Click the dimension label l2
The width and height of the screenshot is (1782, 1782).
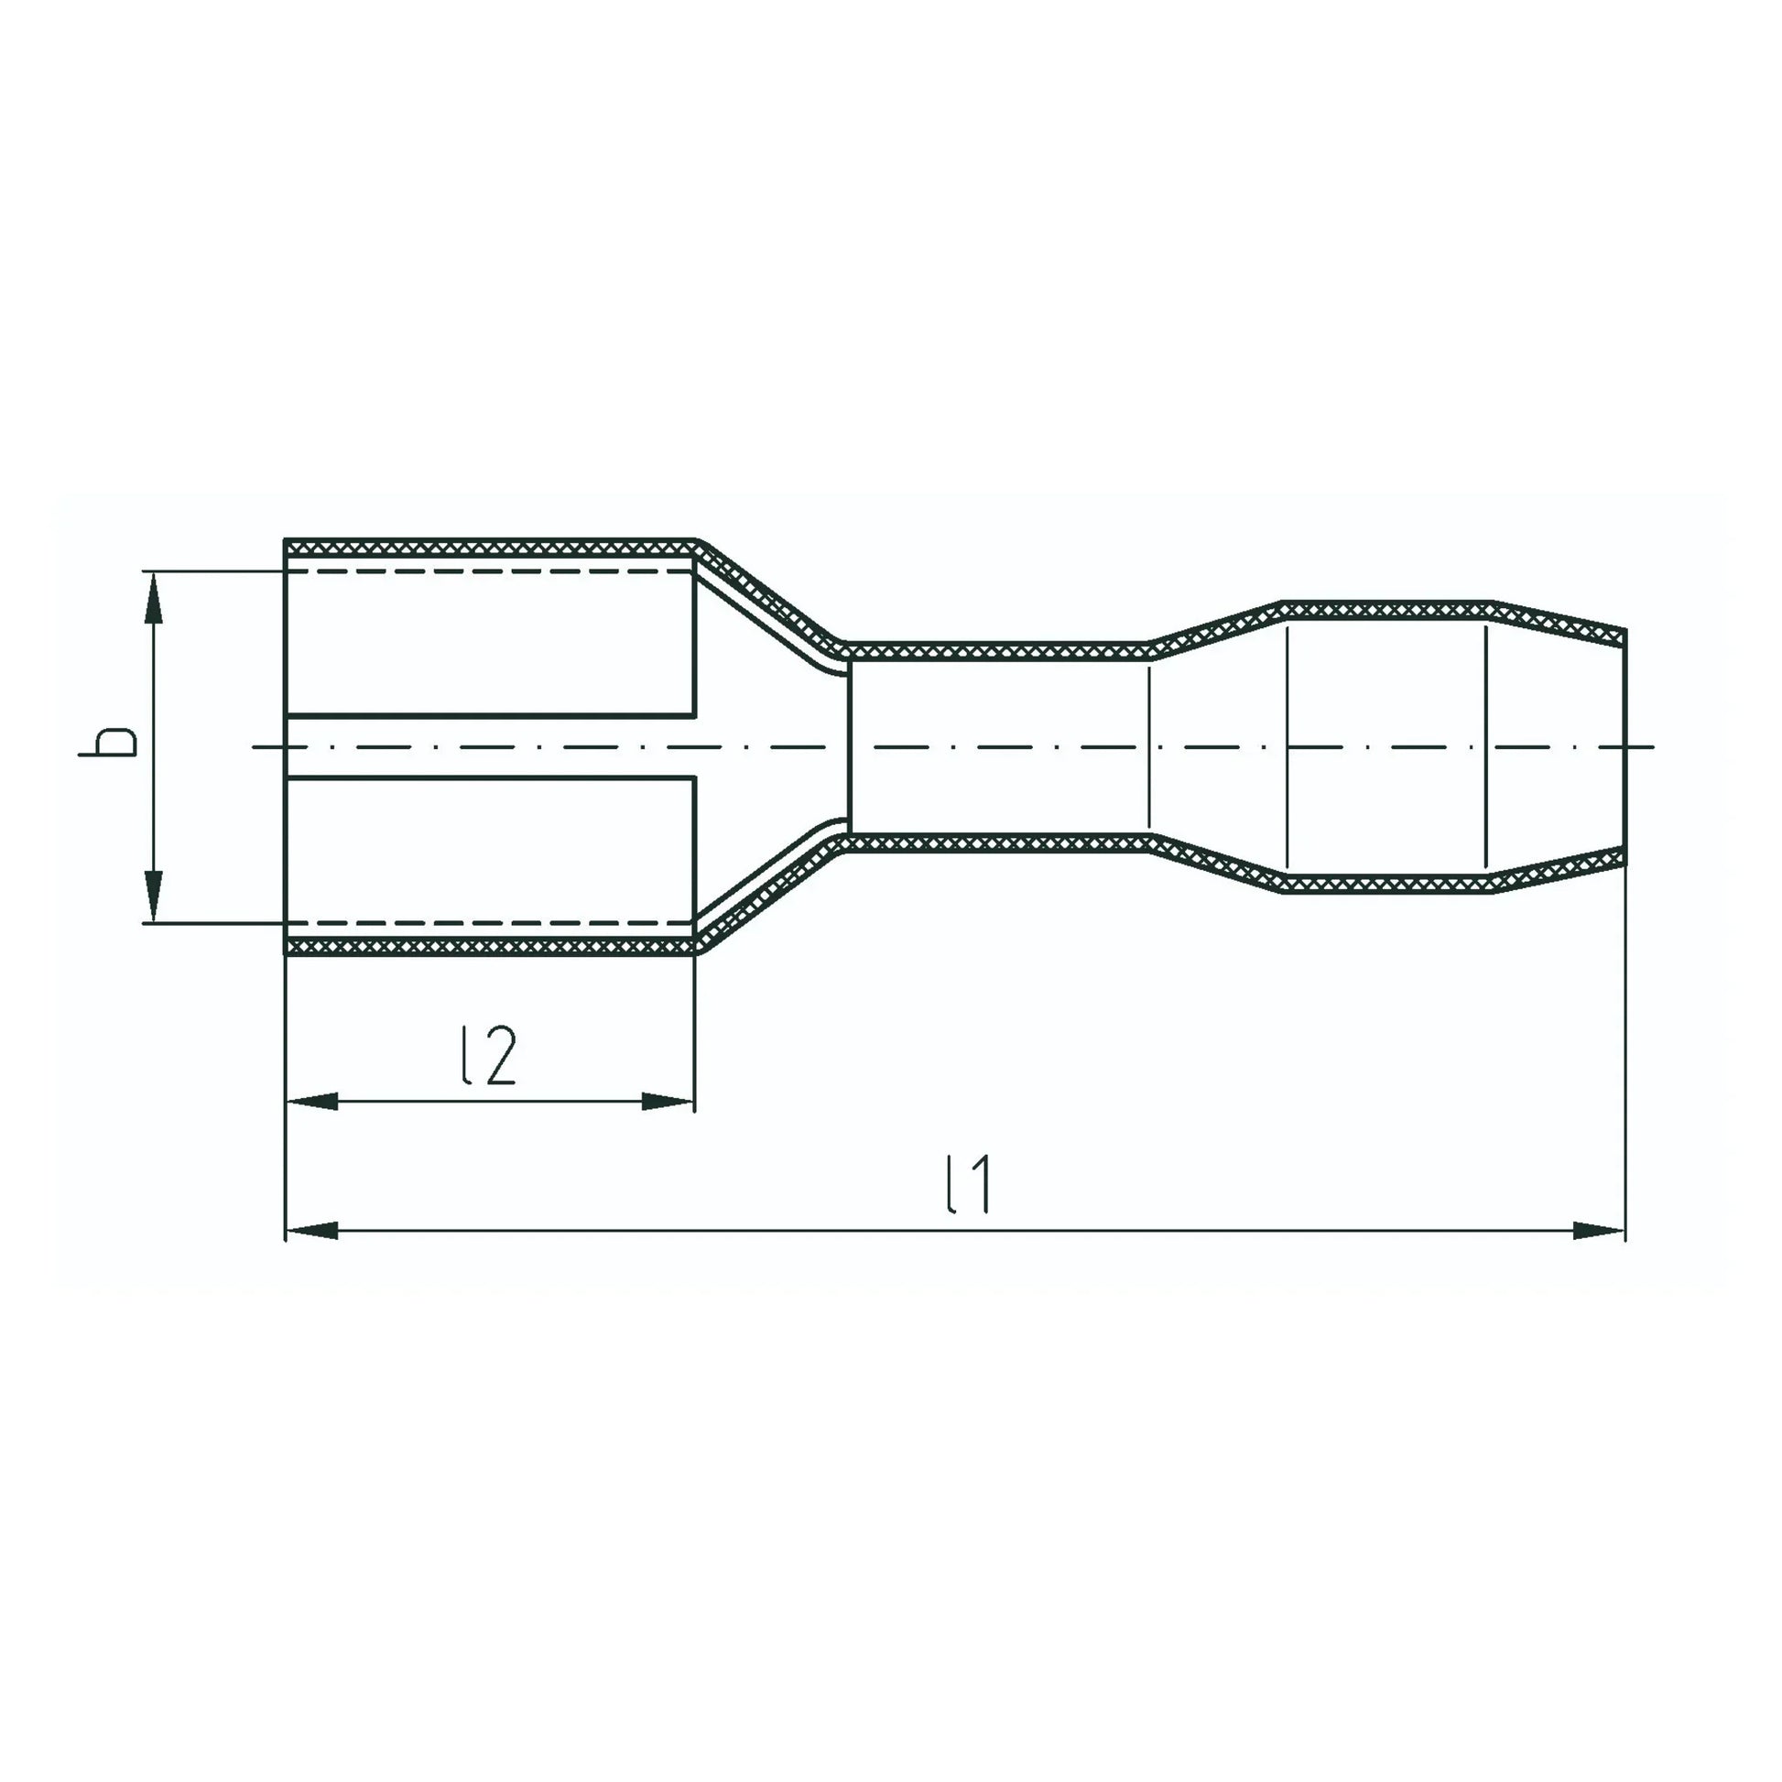click(x=488, y=1055)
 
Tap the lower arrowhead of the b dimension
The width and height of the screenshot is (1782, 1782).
click(x=154, y=896)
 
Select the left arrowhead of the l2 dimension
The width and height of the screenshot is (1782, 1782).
click(x=311, y=1102)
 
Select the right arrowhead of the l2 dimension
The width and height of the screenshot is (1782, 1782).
click(x=668, y=1102)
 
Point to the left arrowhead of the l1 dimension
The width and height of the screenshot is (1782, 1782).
click(x=311, y=1231)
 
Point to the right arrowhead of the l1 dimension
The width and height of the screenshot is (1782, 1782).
click(x=1599, y=1231)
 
